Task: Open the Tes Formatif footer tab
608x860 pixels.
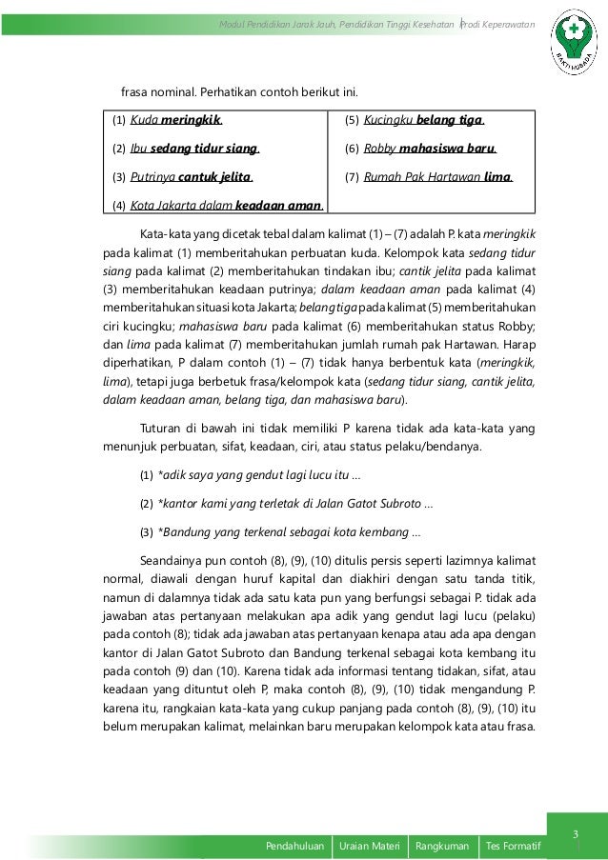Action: click(513, 845)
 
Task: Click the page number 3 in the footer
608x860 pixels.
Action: click(576, 836)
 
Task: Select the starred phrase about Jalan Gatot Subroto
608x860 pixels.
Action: click(295, 502)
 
